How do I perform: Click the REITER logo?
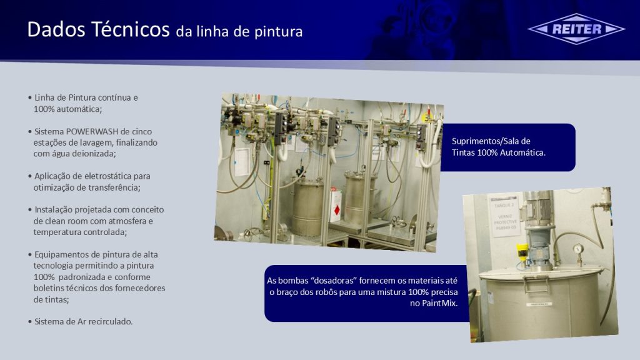[x=576, y=29]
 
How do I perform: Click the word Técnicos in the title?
[x=130, y=29]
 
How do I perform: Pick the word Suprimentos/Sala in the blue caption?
[x=480, y=141]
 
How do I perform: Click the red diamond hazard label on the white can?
[x=337, y=210]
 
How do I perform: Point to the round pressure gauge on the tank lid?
[x=578, y=249]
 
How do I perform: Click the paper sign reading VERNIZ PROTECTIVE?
[x=505, y=215]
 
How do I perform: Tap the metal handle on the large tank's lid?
[x=536, y=284]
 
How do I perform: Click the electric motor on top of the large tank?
[x=539, y=216]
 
